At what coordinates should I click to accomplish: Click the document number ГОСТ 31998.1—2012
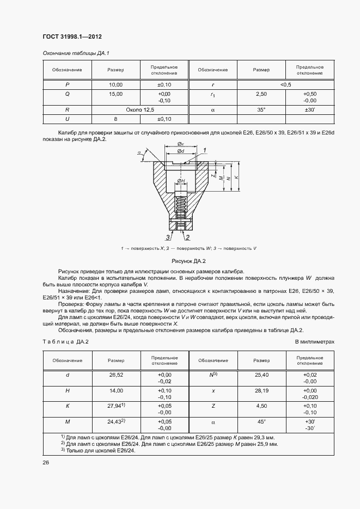pos(72,36)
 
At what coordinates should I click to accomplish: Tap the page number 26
pos(45,463)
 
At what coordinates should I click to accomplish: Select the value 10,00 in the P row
pos(116,85)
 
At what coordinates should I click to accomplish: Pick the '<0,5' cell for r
pos(285,85)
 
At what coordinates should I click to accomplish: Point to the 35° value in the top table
pos(261,109)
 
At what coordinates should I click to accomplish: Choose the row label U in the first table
pos(67,119)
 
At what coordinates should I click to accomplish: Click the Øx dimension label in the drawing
pos(180,144)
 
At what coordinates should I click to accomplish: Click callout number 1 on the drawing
pos(204,149)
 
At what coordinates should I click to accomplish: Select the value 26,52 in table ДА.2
pos(116,375)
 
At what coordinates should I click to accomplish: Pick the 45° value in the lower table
pos(261,422)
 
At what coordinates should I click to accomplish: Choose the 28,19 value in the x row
pos(261,390)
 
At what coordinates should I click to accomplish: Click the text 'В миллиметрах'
pos(314,341)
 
